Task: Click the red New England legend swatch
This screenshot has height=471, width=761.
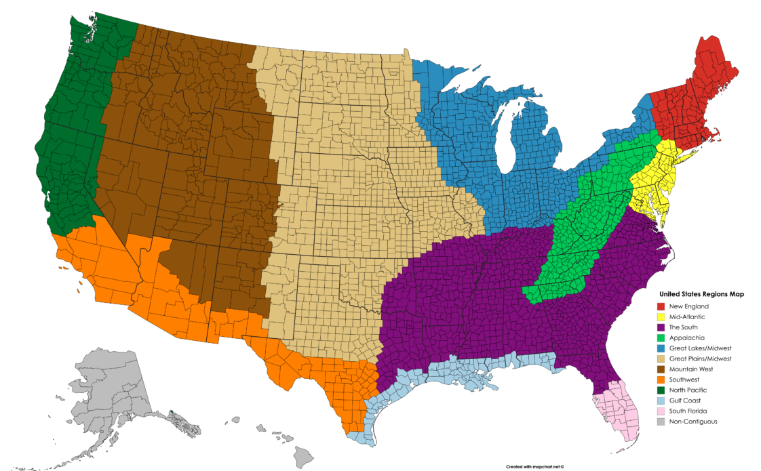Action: [x=661, y=306]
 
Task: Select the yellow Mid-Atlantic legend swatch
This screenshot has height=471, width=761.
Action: [x=661, y=316]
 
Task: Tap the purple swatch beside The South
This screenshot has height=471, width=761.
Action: [x=661, y=327]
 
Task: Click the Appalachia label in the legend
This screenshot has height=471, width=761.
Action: [x=687, y=337]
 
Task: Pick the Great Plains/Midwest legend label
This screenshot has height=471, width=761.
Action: [x=700, y=359]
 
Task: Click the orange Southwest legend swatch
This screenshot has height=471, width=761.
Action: [x=661, y=380]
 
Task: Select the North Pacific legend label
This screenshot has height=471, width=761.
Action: [x=688, y=390]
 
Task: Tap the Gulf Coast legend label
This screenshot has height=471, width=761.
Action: [x=686, y=401]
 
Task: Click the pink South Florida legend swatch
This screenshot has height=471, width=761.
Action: [x=661, y=411]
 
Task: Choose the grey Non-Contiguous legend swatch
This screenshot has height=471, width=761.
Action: [x=661, y=422]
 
